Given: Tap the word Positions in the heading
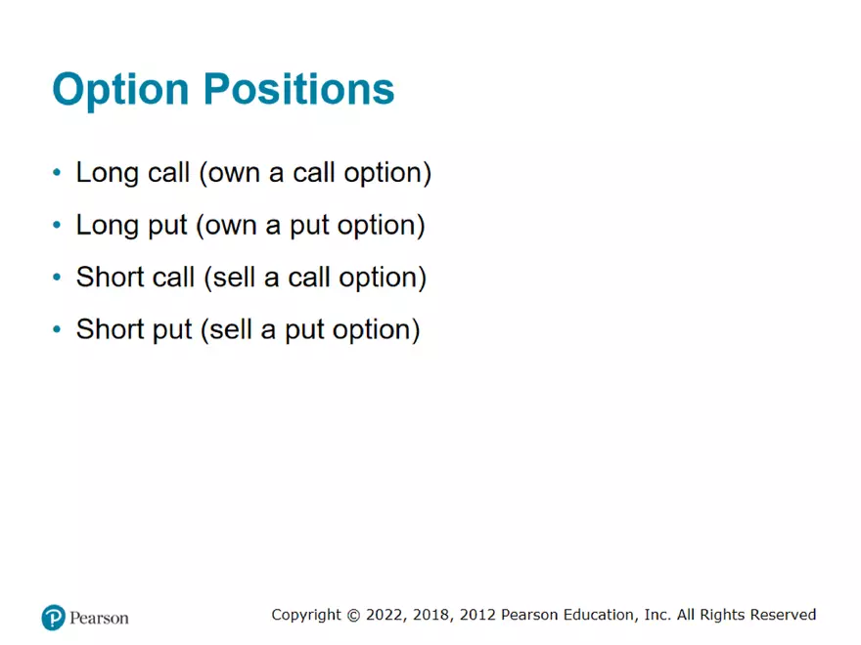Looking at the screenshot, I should [298, 90].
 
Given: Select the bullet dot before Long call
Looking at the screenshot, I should [57, 173].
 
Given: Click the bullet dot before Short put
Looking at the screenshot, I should [57, 329].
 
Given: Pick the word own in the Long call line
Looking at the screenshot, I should [232, 173].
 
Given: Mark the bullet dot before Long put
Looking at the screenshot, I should [57, 226].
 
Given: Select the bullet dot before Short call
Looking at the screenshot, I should [57, 278].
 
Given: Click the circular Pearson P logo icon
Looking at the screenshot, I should [53, 618].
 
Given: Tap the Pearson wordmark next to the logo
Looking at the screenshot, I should [99, 618].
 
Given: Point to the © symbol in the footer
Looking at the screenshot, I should [352, 615].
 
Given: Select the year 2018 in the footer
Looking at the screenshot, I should [431, 615].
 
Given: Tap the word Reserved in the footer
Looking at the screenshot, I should [783, 615].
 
